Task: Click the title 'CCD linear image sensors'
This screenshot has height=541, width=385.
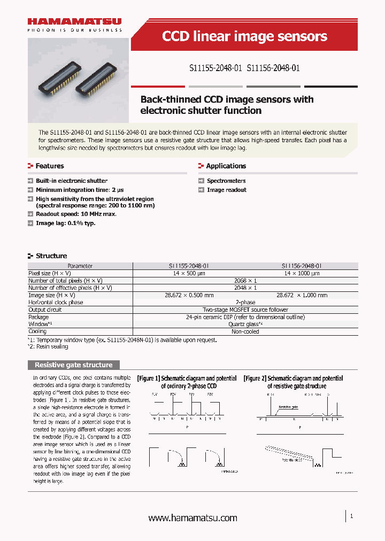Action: pos(244,36)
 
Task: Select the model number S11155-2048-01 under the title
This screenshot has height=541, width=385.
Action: pos(215,68)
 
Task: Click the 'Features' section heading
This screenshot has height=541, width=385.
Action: pos(50,166)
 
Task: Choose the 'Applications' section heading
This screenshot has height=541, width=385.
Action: pos(226,166)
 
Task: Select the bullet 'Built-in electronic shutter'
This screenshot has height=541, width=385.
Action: pos(72,181)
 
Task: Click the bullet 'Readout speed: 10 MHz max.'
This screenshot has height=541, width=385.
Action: pos(76,214)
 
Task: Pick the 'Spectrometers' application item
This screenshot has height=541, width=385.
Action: pos(226,181)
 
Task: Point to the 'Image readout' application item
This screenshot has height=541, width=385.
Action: pos(227,190)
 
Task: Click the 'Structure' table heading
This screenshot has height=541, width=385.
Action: pos(51,256)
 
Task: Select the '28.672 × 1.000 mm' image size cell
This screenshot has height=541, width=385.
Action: pos(302,295)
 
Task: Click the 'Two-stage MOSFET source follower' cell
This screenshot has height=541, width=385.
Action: pos(245,310)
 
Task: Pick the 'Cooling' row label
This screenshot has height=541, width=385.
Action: pos(38,331)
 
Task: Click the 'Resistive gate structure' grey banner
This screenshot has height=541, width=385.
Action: pos(74,365)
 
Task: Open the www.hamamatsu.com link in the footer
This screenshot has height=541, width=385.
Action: pos(192,518)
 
